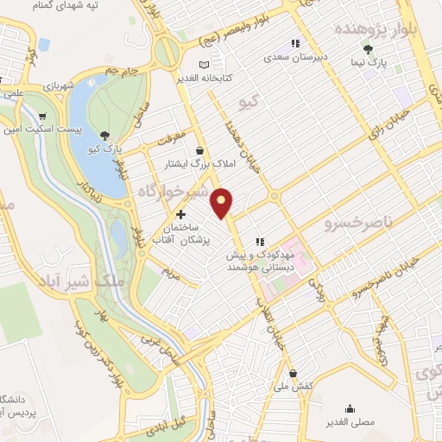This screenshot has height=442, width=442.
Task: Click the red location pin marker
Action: pos(223,202)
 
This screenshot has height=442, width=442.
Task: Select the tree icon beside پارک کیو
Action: pos(104,135)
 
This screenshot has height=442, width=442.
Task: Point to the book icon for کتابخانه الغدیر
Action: pos(204,65)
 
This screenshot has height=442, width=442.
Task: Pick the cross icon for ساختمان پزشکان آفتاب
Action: pos(180,214)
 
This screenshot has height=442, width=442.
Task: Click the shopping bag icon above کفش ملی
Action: pos(294,373)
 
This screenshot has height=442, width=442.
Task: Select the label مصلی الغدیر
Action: pos(350,422)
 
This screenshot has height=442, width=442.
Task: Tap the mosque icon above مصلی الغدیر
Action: pos(350,409)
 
